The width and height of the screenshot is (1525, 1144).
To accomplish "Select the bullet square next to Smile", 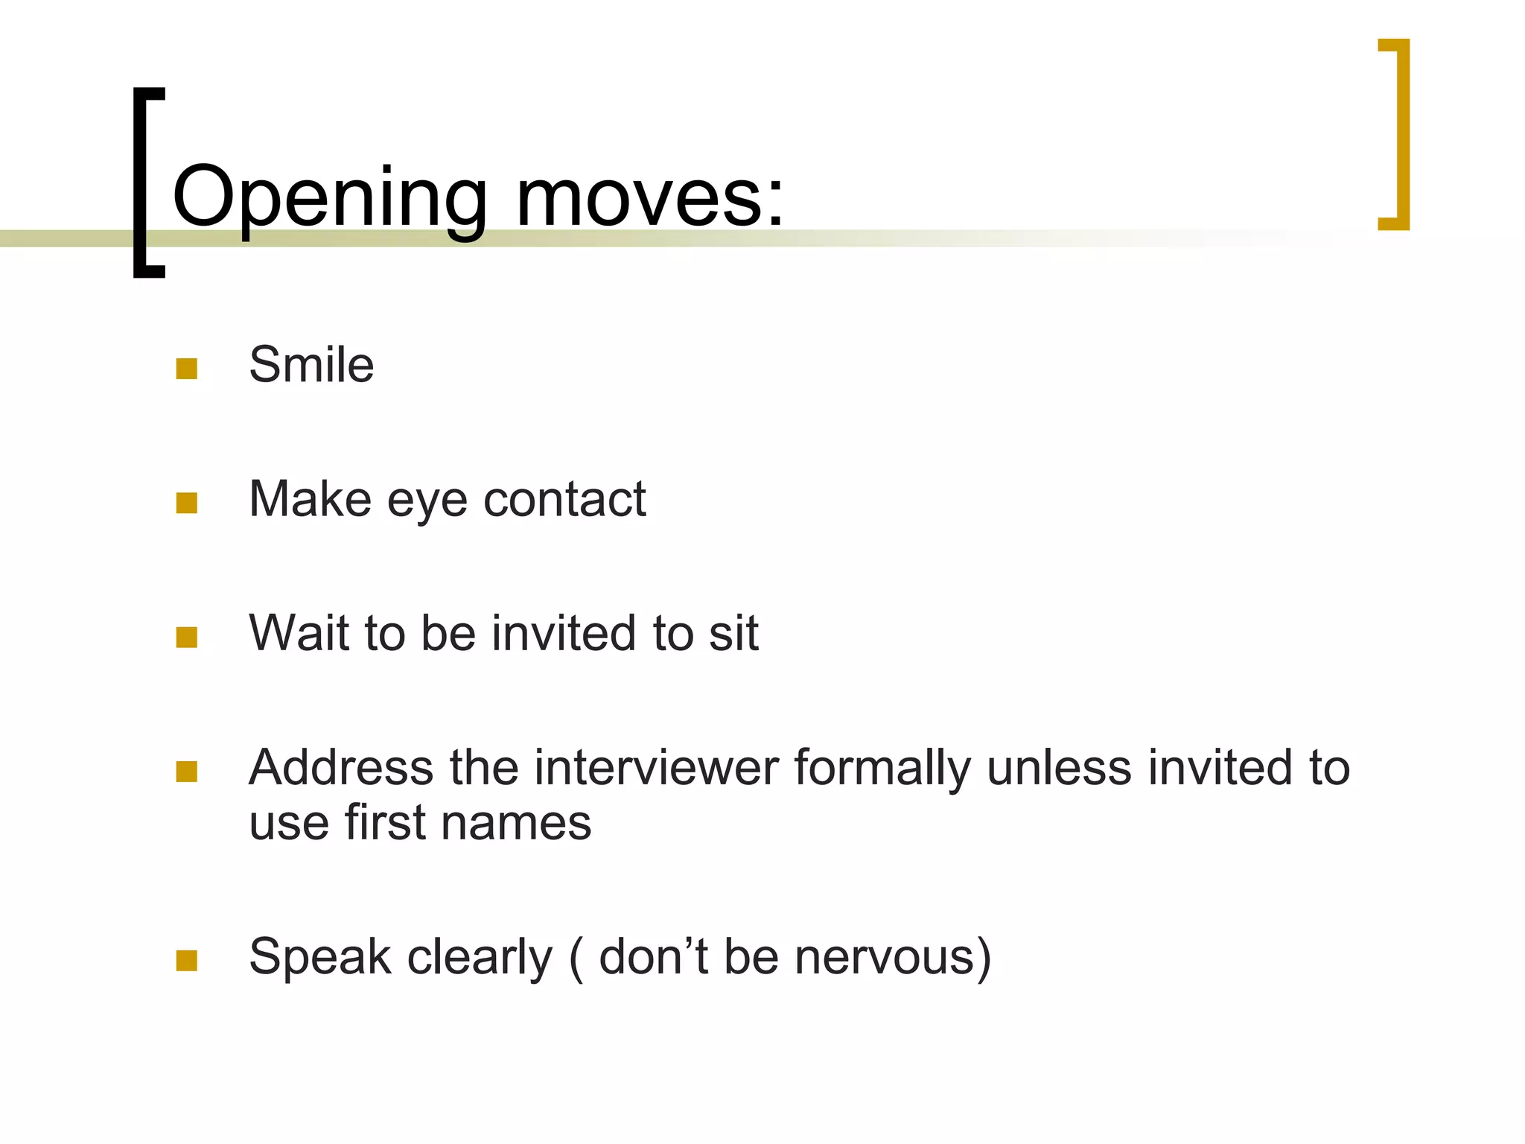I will pyautogui.click(x=187, y=369).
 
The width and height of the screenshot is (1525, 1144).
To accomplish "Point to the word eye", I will pyautogui.click(x=427, y=500).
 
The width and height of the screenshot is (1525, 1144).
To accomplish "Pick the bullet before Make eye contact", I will pyautogui.click(x=187, y=503).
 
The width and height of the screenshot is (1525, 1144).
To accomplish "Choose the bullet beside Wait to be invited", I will pyautogui.click(x=187, y=638).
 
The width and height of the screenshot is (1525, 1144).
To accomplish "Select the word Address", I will pyautogui.click(x=341, y=768).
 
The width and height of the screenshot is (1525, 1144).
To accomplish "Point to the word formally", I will pyautogui.click(x=882, y=769).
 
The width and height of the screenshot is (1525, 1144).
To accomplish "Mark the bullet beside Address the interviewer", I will pyautogui.click(x=187, y=772).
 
